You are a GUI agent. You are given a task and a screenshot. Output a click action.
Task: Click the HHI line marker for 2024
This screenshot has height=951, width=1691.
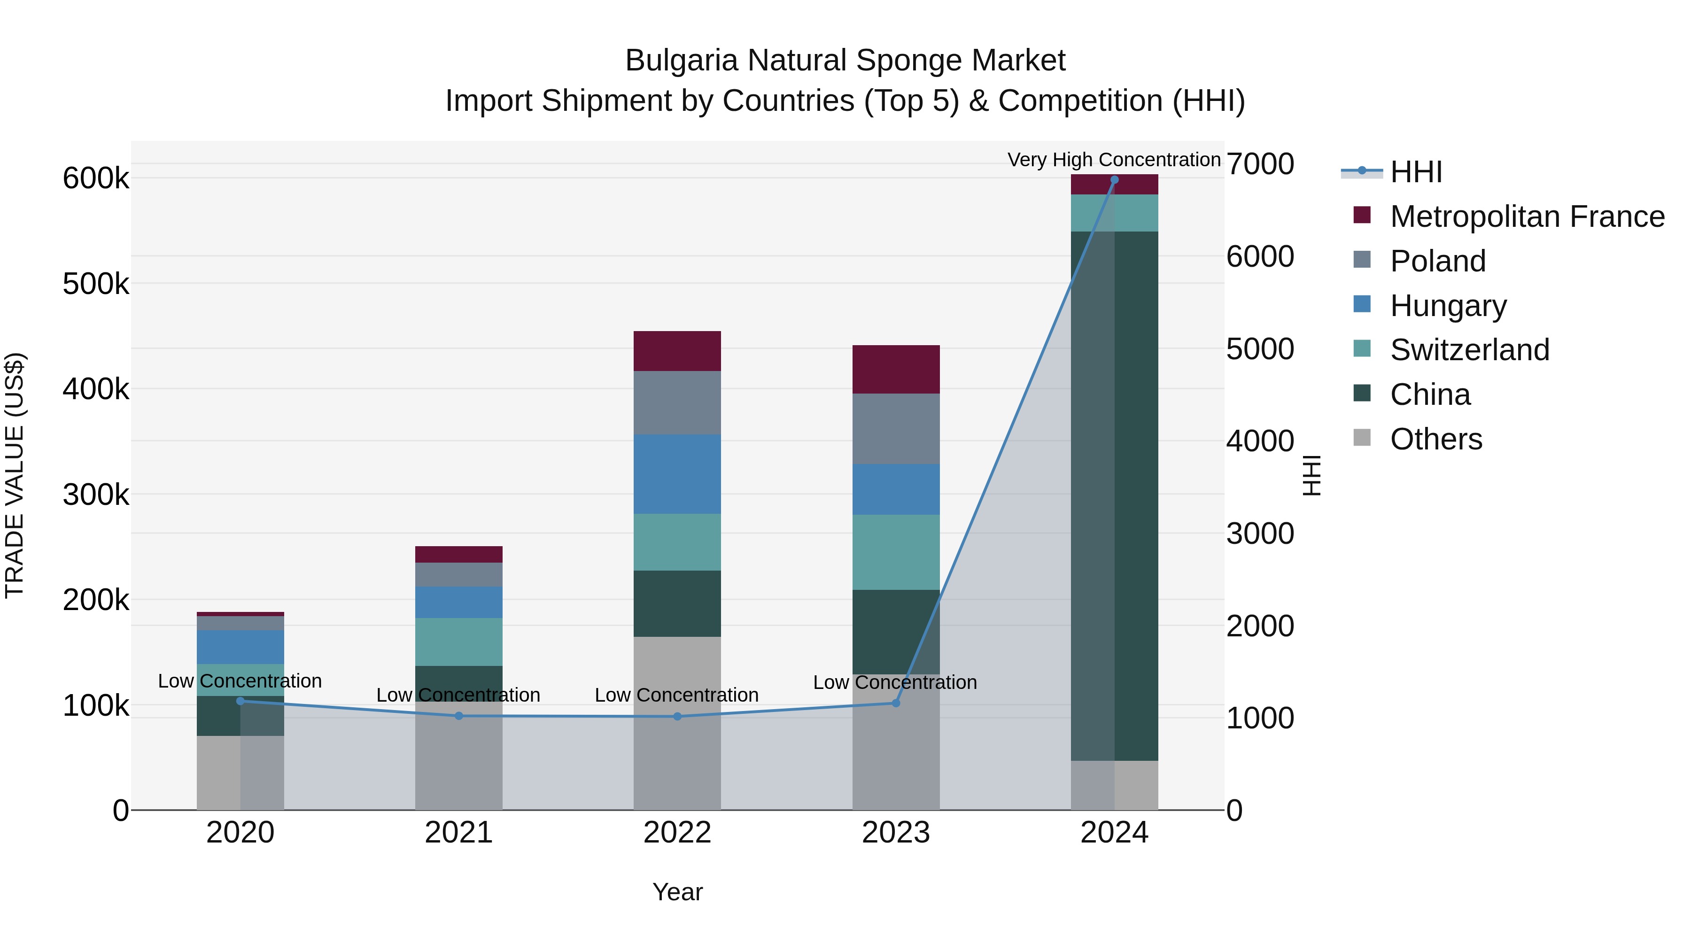click(1114, 180)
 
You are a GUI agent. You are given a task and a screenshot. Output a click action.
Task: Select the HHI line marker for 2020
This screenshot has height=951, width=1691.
click(240, 701)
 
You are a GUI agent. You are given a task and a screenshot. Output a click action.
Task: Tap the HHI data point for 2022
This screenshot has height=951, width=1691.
click(677, 717)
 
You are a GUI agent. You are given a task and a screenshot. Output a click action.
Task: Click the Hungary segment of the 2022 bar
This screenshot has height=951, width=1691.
click(677, 474)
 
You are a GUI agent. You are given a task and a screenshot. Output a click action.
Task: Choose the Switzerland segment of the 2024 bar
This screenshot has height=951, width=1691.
click(1114, 213)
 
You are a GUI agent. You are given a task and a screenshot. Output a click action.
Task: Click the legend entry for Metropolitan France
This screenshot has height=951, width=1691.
click(1527, 216)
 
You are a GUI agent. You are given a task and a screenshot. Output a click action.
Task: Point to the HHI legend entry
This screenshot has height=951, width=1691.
click(1415, 172)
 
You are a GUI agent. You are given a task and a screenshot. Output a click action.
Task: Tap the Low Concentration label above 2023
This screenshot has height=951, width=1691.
click(895, 682)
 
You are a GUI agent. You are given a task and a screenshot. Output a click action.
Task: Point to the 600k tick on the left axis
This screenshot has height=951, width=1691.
click(96, 178)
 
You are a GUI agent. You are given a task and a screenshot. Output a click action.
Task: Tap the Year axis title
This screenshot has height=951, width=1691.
click(677, 892)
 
